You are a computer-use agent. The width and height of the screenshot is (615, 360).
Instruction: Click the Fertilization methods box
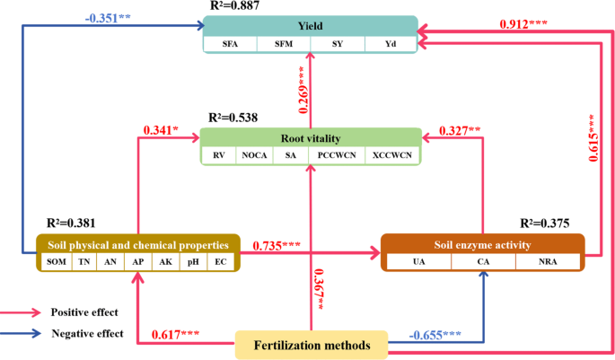point(310,345)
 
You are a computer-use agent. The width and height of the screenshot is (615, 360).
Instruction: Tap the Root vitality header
point(310,138)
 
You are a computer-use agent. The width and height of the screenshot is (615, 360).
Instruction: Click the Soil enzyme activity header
point(482,244)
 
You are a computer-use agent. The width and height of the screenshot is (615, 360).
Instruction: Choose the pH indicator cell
point(192,262)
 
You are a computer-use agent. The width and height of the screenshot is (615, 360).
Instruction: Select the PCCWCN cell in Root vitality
point(337,155)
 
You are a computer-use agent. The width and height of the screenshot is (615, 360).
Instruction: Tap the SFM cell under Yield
point(284,43)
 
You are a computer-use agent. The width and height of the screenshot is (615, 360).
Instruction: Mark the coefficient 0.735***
point(277,245)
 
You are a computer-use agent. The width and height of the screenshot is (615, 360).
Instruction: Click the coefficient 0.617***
point(178,336)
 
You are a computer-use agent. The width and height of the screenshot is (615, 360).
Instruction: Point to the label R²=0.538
point(235,118)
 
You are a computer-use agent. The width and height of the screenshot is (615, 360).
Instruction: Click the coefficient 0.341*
point(161,130)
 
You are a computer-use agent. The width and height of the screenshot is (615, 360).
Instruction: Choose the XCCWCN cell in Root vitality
point(394,155)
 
